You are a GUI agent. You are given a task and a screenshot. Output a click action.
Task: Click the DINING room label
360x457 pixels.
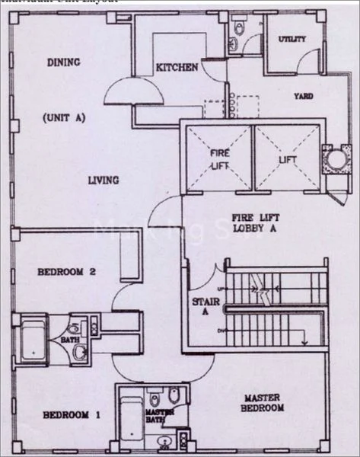pyautogui.click(x=65, y=62)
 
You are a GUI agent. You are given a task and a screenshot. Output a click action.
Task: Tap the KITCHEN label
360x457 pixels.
pyautogui.click(x=177, y=68)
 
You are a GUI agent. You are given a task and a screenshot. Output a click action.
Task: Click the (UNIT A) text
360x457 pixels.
pyautogui.click(x=62, y=119)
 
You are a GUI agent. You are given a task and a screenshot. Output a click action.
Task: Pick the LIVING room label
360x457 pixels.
pyautogui.click(x=103, y=181)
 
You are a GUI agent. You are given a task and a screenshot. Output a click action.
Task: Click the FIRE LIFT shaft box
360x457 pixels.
pyautogui.click(x=219, y=158)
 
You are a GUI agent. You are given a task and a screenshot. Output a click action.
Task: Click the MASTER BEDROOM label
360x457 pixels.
pyautogui.click(x=263, y=403)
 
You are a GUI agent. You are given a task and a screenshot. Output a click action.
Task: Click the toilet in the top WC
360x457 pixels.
pyautogui.click(x=240, y=28)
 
